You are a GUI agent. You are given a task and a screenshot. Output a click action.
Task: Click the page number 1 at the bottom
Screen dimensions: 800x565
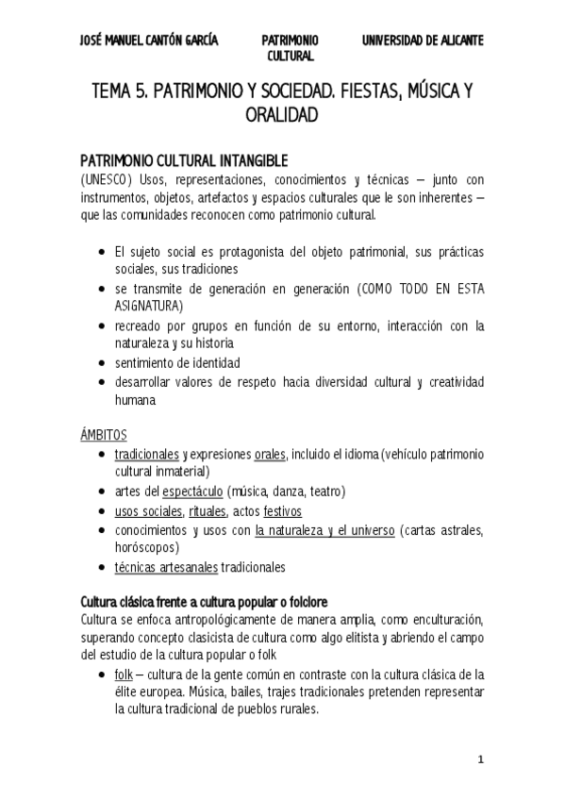click(x=480, y=759)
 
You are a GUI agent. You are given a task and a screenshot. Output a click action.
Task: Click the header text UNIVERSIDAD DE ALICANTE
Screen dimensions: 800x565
click(x=424, y=41)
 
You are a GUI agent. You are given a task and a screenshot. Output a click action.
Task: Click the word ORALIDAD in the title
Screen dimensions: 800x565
click(x=282, y=115)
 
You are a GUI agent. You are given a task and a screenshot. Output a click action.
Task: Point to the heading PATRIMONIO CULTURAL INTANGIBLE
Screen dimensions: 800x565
click(x=184, y=160)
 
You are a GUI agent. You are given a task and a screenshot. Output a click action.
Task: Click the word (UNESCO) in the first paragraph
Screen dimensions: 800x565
click(x=106, y=180)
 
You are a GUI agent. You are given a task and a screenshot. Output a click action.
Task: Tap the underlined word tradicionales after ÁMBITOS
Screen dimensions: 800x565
click(x=145, y=455)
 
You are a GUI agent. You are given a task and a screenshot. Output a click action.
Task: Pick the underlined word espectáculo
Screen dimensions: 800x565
click(x=192, y=492)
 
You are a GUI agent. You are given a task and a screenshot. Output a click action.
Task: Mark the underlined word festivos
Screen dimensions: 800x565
click(x=282, y=511)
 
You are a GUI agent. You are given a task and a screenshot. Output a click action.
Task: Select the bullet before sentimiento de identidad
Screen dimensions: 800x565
click(x=102, y=362)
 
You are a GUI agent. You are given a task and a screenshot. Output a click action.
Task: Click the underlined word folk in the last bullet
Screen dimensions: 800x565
click(x=123, y=675)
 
